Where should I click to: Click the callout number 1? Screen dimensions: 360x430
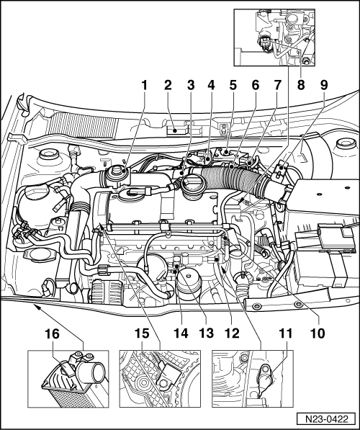[144, 85]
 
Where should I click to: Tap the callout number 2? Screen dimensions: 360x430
[168, 85]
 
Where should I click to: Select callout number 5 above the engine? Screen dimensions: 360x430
[233, 85]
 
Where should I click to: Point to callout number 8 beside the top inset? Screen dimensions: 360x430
[301, 85]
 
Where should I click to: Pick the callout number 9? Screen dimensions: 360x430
[324, 85]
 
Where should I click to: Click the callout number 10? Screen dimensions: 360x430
[318, 333]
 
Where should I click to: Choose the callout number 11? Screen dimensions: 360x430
[286, 333]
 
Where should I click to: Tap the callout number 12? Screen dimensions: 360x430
[232, 333]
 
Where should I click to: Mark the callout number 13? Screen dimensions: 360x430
[206, 333]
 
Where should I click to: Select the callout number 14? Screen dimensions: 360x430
[181, 333]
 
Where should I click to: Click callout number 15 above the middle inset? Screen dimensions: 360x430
[142, 333]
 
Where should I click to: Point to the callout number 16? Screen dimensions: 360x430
[52, 334]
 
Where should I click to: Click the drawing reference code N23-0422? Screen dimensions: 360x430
[327, 419]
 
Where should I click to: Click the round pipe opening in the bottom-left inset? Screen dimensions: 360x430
[95, 372]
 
